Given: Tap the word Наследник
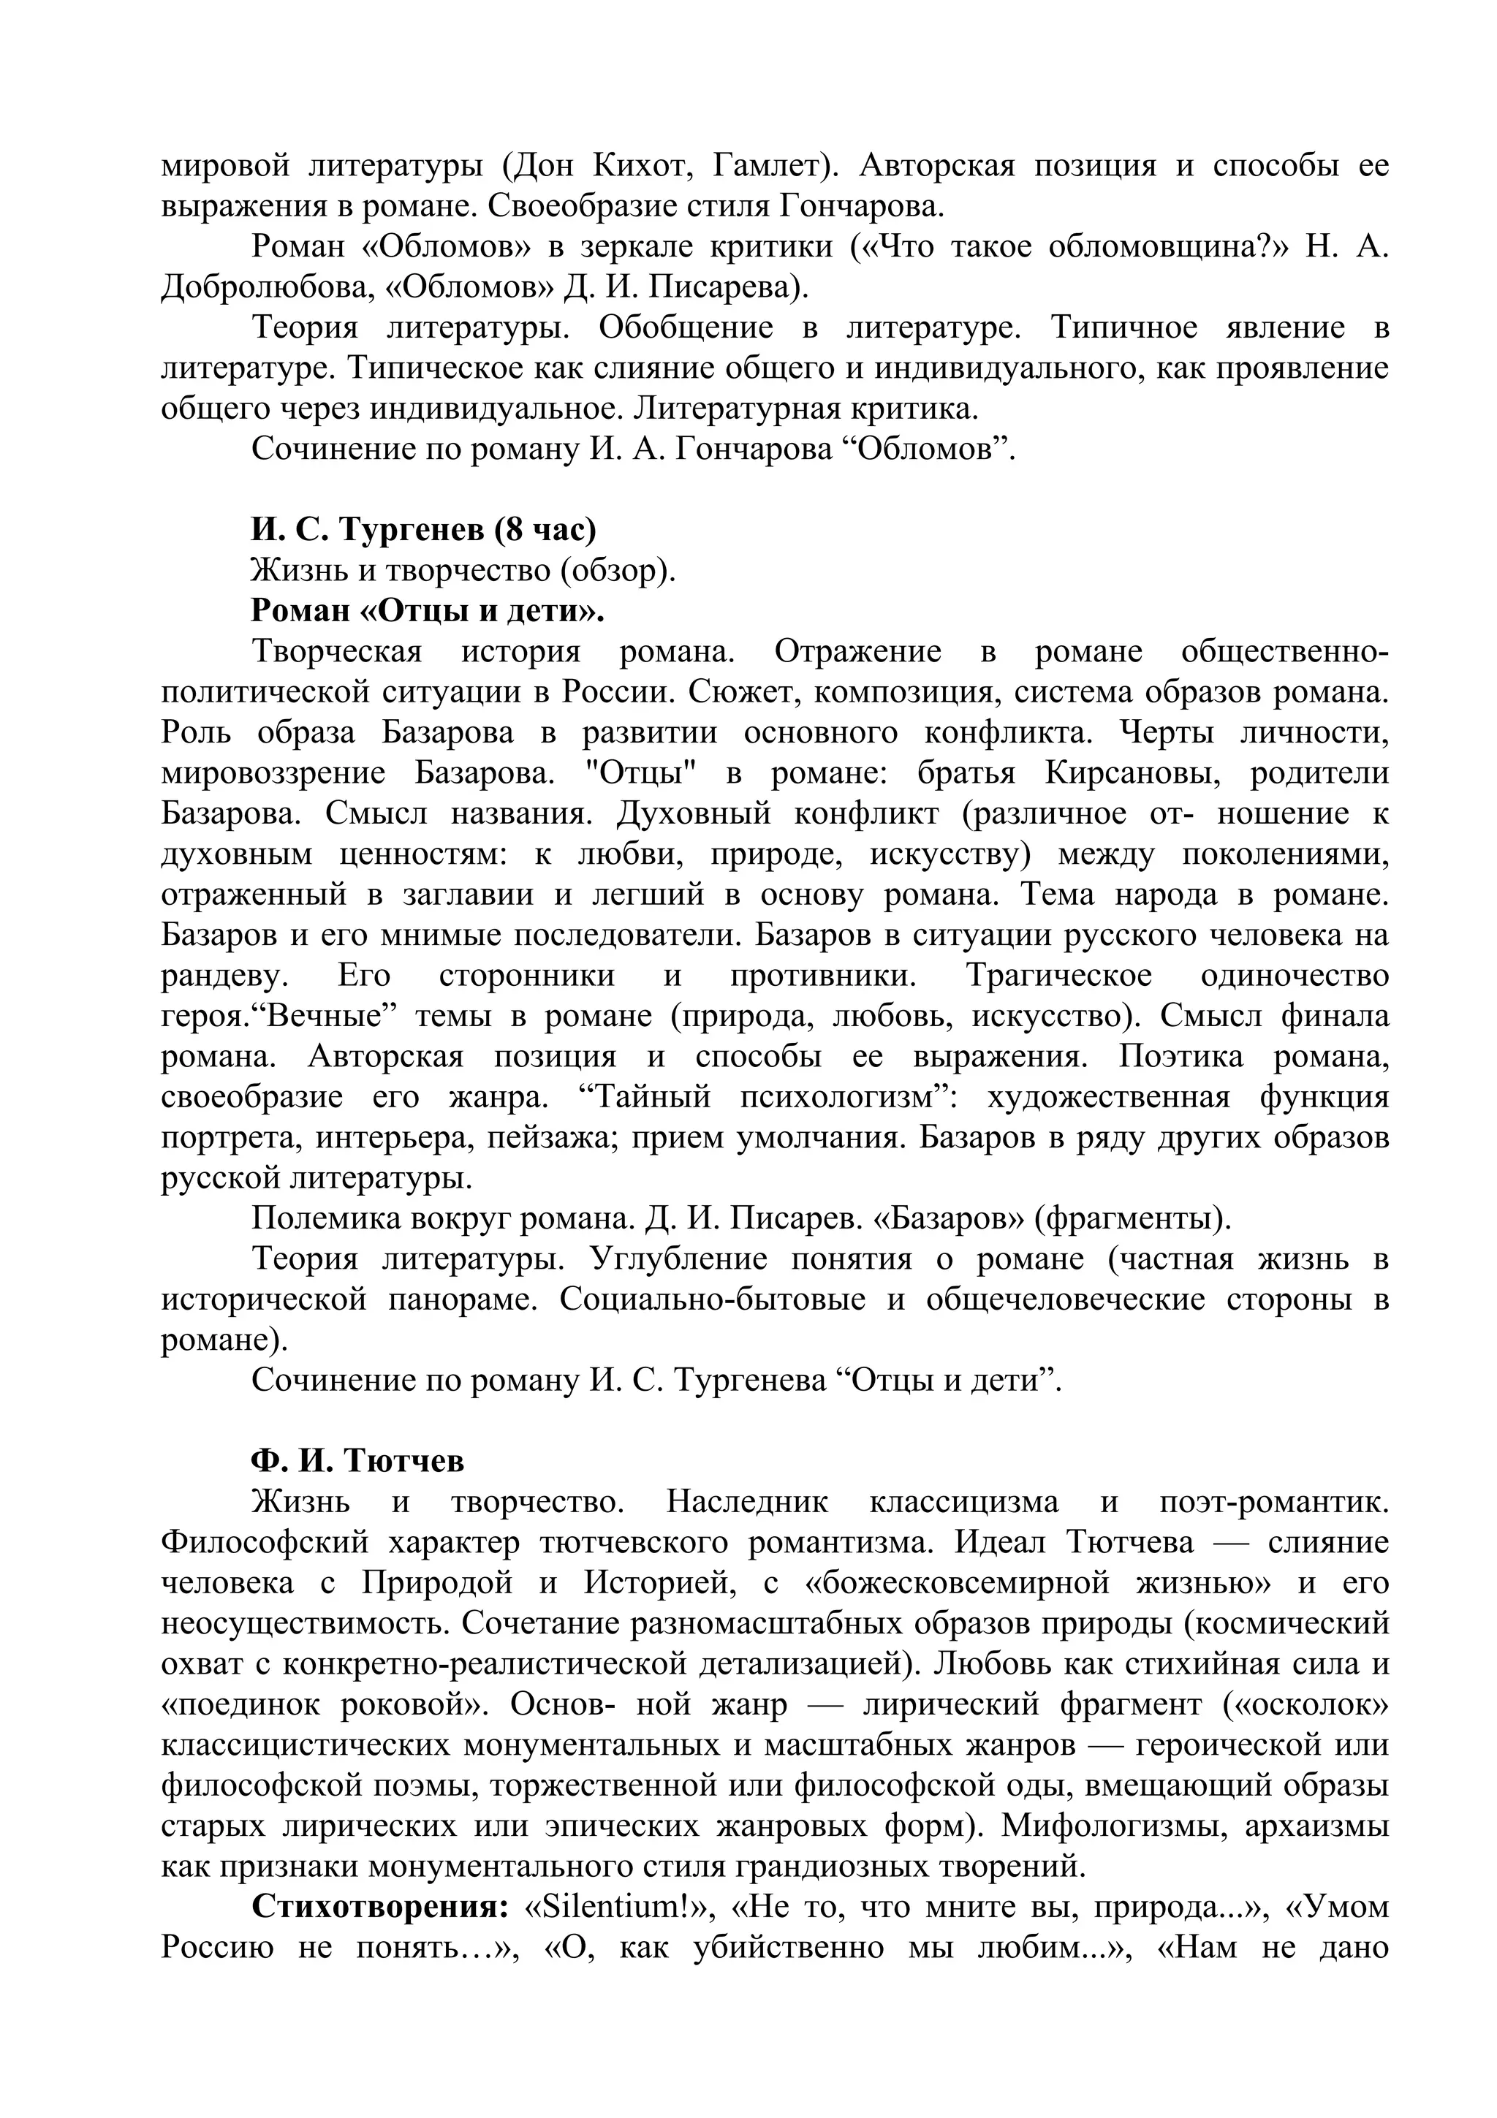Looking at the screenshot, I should [x=747, y=1502].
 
